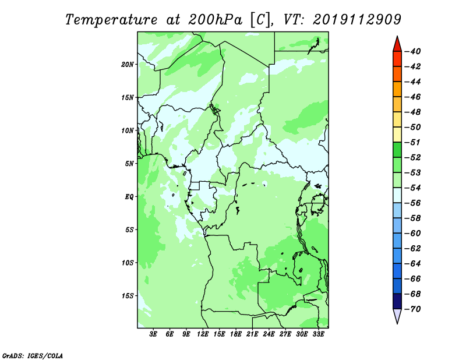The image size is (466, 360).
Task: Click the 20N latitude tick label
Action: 128,65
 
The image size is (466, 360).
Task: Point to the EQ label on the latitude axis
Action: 129,197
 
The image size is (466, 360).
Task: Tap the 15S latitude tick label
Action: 128,296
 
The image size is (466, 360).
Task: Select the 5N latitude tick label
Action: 129,164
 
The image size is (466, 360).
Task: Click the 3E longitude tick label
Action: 153,334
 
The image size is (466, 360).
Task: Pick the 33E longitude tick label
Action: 318,334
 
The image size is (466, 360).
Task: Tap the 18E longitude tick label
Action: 236,334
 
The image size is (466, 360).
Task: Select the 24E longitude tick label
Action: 269,334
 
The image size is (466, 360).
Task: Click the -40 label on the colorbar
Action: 413,51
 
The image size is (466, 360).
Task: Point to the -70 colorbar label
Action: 413,309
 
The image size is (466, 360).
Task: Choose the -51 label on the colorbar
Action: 413,142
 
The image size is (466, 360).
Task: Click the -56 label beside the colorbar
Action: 413,203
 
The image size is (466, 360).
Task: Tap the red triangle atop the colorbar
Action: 397,45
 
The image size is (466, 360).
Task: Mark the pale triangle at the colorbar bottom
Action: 397,315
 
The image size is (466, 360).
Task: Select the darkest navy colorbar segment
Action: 397,301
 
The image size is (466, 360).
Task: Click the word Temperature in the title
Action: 111,20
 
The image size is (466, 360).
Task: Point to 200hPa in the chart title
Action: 215,20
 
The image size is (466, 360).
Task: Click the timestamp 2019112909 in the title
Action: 357,20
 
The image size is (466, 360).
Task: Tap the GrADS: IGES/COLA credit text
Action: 33,356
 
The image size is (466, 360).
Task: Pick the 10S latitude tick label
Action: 128,263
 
